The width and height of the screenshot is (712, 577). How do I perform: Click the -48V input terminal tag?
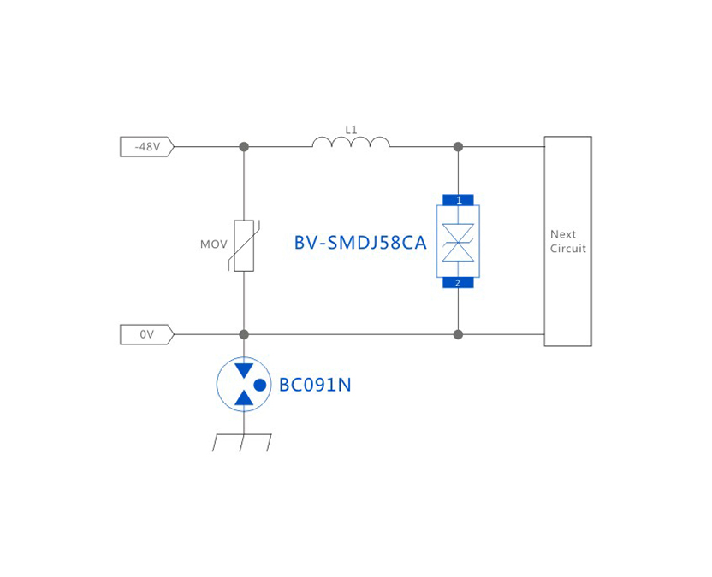coord(146,147)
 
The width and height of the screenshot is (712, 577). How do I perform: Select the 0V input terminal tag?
coord(146,334)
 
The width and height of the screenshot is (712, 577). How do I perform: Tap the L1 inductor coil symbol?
coord(351,142)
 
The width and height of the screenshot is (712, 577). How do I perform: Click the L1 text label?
coord(351,130)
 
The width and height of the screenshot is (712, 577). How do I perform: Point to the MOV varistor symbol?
coord(244,244)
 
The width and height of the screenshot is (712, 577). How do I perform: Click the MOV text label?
coord(214,244)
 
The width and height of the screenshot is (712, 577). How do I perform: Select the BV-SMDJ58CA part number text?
coord(360,243)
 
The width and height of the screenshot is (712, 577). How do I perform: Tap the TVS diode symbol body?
coord(458,242)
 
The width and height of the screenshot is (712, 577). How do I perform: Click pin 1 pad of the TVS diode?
coord(458,200)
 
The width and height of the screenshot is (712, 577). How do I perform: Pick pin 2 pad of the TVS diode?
coord(458,283)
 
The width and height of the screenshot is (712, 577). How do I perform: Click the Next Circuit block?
coord(567,241)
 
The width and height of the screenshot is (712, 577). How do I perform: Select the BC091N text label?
coord(315,386)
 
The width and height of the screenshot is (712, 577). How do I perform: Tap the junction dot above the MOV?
coord(244,147)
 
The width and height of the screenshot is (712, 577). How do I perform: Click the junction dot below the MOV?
coord(244,334)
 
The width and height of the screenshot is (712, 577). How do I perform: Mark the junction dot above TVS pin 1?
coord(458,147)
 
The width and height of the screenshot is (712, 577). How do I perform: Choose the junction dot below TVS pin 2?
coord(458,334)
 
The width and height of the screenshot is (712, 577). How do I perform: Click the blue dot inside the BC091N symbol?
coord(260,386)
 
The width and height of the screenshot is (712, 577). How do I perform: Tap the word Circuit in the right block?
coord(568,249)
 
